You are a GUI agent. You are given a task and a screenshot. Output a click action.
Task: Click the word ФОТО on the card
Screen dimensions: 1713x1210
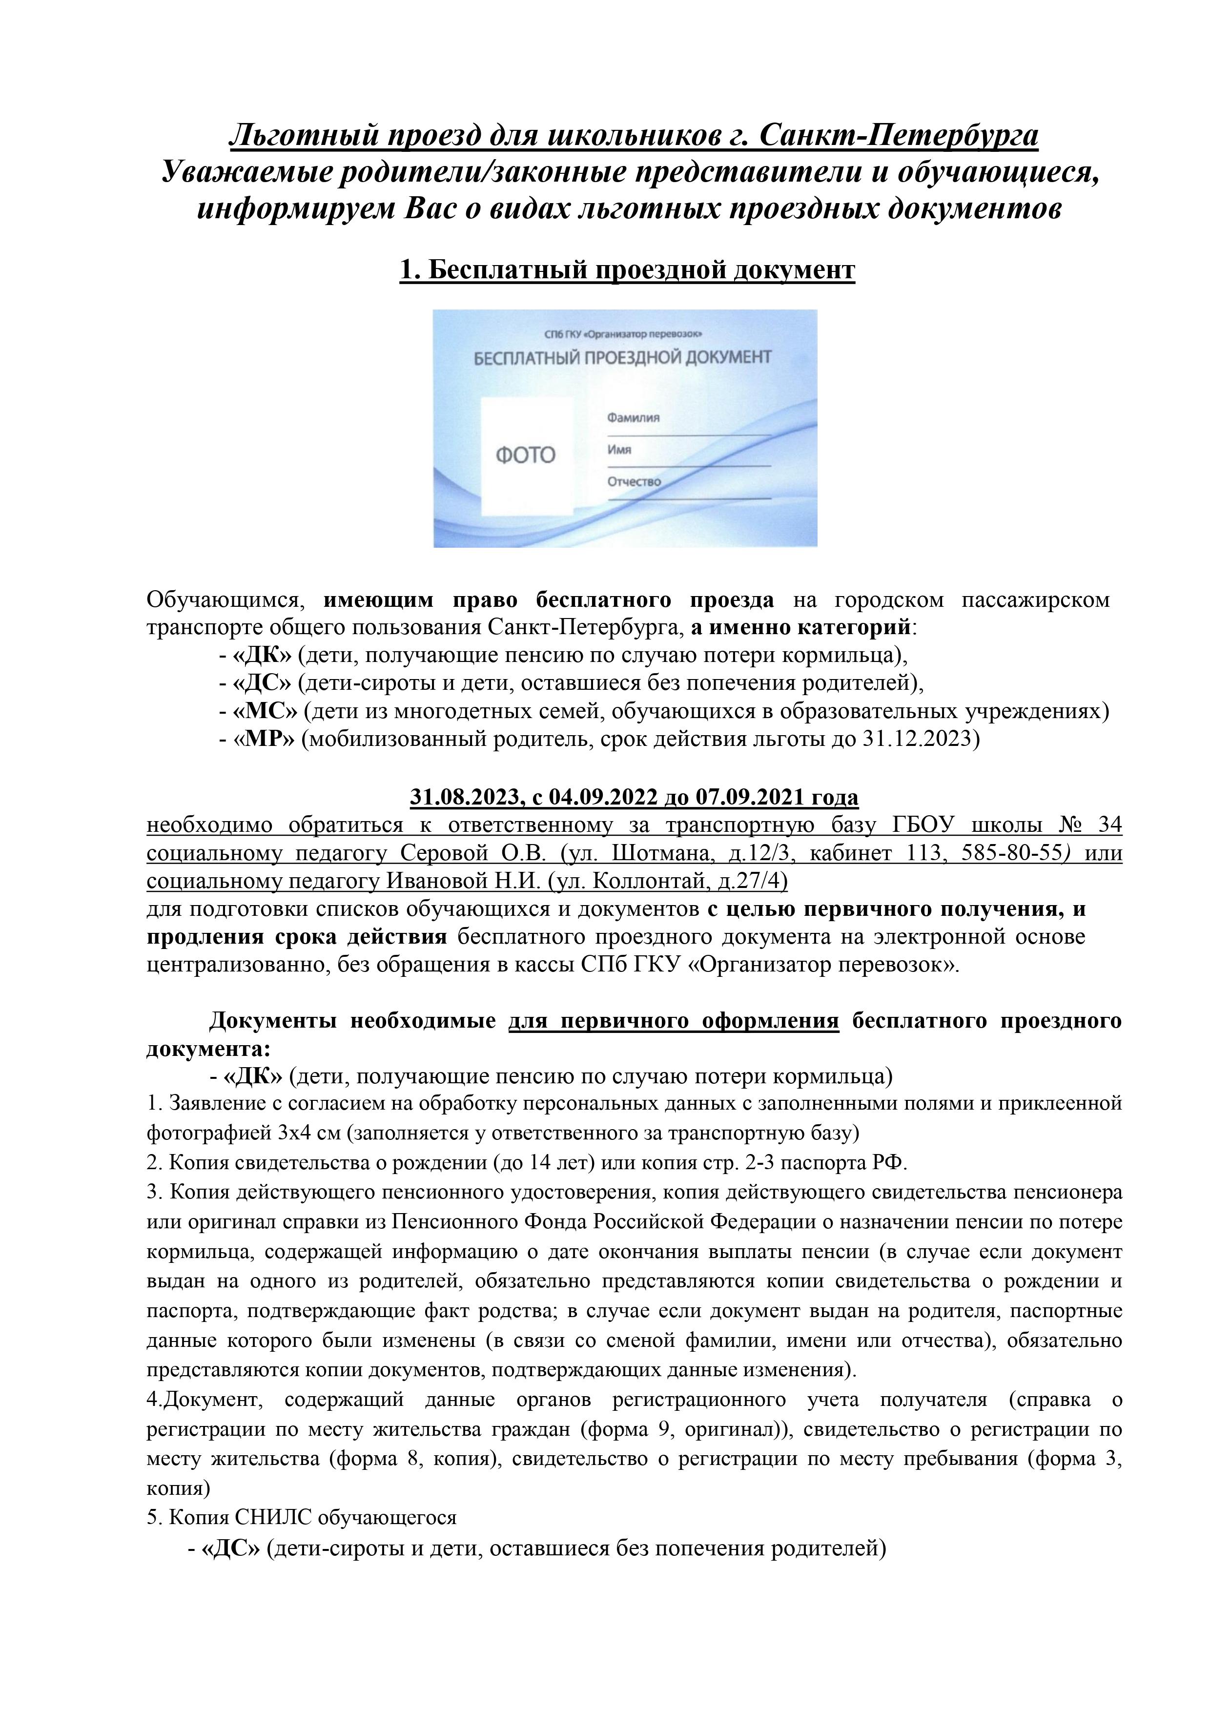tap(525, 454)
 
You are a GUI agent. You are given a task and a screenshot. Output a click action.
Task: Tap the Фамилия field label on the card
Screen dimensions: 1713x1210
tap(634, 418)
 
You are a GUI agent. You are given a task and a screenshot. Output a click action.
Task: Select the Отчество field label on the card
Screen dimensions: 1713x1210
tap(634, 482)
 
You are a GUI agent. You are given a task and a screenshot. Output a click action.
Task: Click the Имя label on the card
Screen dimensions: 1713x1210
tap(619, 450)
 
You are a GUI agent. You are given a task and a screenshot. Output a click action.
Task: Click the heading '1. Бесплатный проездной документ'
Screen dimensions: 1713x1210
tap(627, 269)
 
